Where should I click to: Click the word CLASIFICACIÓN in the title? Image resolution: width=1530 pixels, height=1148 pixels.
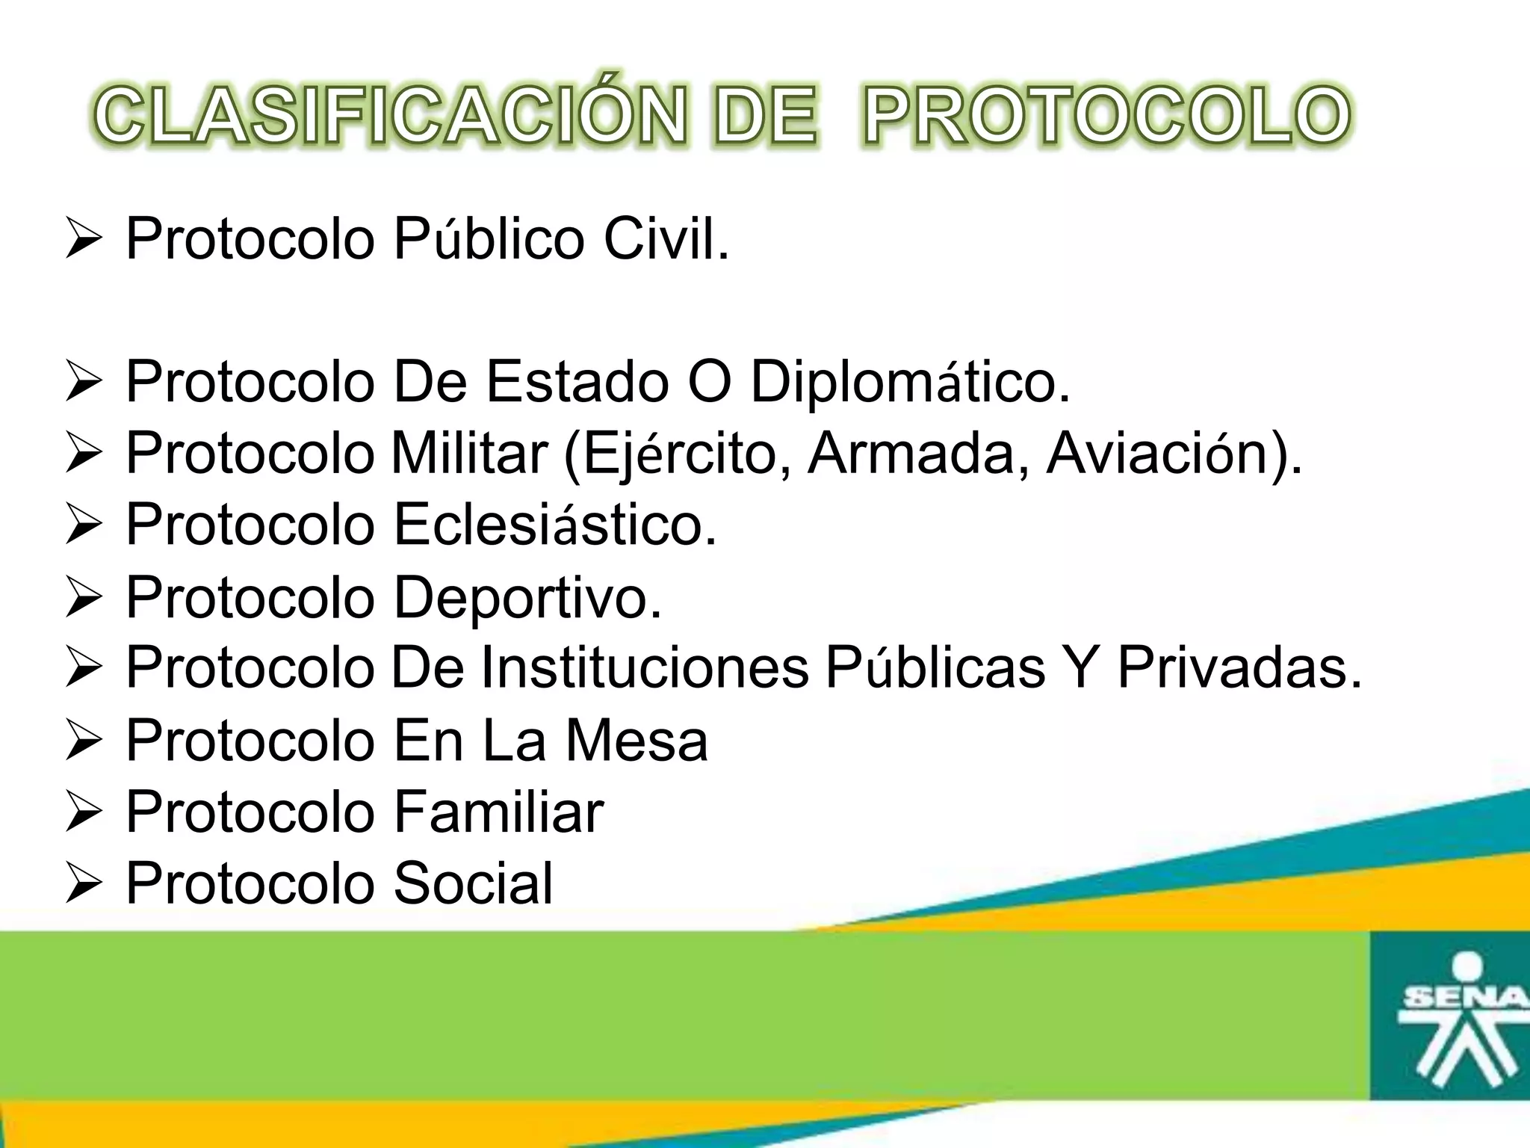coord(389,117)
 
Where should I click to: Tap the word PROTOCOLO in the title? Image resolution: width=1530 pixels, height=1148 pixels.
coord(1106,117)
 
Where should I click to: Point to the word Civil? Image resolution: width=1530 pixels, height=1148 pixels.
coord(666,240)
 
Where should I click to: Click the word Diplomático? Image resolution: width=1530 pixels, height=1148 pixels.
coord(910,383)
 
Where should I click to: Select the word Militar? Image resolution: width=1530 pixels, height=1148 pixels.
coord(470,453)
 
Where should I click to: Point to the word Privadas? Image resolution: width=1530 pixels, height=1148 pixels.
coord(1239,667)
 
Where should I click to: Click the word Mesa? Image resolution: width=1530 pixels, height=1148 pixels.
coord(636,741)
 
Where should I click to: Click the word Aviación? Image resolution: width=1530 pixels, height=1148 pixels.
coord(1173,453)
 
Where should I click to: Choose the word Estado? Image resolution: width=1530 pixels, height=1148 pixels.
coord(577,382)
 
